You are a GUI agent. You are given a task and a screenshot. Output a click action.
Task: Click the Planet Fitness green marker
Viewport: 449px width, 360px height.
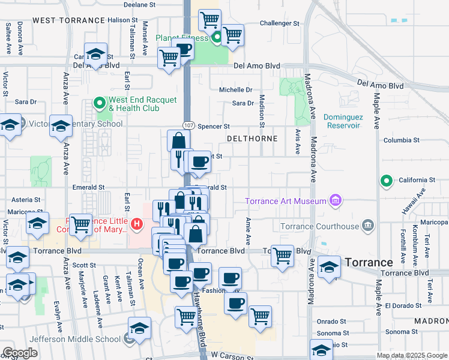click(217, 38)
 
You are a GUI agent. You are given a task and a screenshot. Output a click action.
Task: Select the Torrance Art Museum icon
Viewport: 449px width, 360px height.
click(335, 201)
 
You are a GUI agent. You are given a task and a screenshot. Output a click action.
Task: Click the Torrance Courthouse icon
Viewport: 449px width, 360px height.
click(367, 226)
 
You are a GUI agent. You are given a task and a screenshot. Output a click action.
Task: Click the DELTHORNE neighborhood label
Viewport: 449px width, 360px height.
click(252, 139)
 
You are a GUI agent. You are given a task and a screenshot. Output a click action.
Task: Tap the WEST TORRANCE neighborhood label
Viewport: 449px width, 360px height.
click(68, 20)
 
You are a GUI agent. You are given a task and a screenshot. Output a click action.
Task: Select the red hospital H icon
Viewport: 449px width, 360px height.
click(137, 225)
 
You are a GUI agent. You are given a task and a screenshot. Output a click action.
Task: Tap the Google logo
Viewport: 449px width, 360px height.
click(20, 353)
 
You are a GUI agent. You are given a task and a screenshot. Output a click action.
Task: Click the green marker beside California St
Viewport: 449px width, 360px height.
click(387, 180)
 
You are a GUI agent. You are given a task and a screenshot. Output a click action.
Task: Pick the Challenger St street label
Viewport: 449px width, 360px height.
click(279, 23)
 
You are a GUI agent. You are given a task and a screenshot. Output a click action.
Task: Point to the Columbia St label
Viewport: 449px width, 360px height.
click(401, 140)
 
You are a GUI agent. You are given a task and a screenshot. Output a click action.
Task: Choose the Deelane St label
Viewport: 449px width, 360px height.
click(139, 4)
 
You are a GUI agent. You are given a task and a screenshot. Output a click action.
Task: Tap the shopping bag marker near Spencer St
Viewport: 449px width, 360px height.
click(179, 142)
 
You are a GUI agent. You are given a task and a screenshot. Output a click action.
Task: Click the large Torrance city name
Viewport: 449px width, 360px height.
click(369, 263)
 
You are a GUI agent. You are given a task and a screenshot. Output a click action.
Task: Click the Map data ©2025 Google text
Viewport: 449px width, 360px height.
click(411, 355)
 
